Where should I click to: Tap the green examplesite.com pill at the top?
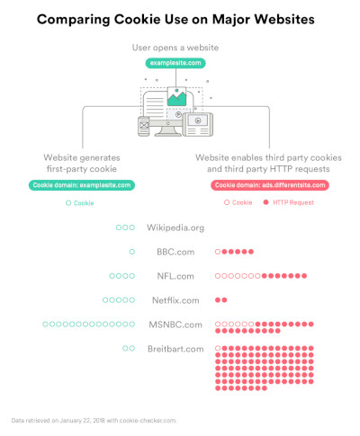[x=175, y=63]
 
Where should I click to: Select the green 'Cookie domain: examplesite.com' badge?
[x=82, y=185]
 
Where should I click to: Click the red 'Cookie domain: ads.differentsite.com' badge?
[x=270, y=185]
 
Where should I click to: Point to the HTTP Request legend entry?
[x=289, y=202]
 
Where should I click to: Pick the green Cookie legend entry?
[x=80, y=203]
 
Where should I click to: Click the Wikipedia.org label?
[x=175, y=227]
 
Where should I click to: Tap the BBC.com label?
[x=175, y=252]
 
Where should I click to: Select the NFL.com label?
[x=175, y=276]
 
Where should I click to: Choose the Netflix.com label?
[x=175, y=300]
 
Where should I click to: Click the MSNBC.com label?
[x=175, y=325]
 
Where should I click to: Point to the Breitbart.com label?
[x=175, y=349]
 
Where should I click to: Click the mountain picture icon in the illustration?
[x=177, y=96]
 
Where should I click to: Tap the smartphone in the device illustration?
[x=144, y=126]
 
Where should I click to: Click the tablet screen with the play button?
[x=198, y=120]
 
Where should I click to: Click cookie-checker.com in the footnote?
[x=148, y=421]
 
